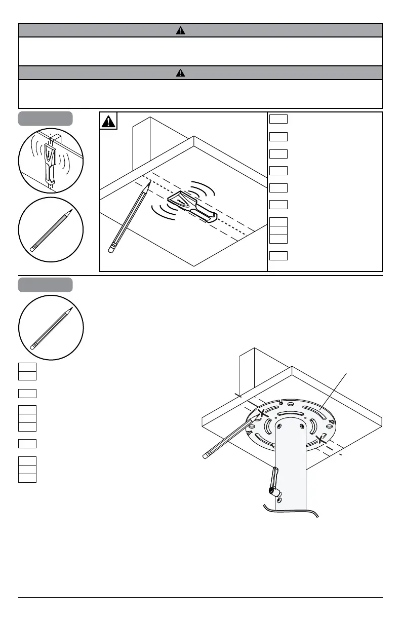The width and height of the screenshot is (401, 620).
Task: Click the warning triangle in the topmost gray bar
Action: coord(180,30)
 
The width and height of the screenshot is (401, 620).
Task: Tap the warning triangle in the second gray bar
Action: coord(180,72)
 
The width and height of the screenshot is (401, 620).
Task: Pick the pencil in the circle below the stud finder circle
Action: coord(51,231)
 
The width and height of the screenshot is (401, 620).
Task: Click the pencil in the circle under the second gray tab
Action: coord(51,328)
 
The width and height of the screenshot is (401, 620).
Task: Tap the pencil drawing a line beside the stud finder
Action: coord(129,218)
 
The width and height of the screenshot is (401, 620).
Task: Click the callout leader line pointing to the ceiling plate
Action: coord(335,389)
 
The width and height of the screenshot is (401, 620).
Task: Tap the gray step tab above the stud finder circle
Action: coord(46,119)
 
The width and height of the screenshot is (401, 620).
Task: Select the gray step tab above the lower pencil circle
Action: coord(46,284)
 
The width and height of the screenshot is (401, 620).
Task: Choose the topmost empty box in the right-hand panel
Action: coord(278,119)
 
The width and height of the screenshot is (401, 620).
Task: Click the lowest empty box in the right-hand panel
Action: coord(278,255)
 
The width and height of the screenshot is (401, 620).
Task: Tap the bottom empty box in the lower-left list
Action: coord(27,478)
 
